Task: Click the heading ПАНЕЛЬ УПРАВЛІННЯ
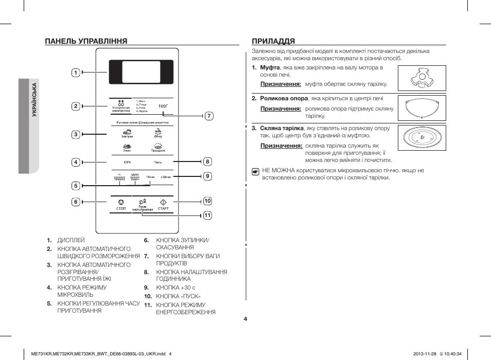[x=86, y=41]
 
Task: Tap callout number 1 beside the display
[x=75, y=73]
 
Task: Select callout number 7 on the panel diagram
[x=208, y=116]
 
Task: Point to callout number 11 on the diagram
[x=207, y=215]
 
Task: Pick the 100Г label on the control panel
[x=163, y=105]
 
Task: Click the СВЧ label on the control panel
[x=126, y=163]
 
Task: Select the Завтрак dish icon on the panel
[x=127, y=132]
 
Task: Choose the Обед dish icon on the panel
[x=158, y=132]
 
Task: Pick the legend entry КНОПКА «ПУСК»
[x=178, y=296]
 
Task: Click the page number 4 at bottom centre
[x=246, y=319]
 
